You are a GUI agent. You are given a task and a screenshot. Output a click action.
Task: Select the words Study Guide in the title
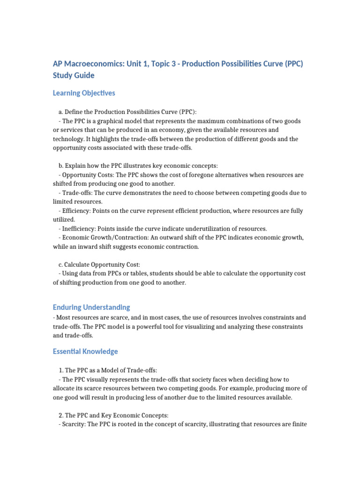74,75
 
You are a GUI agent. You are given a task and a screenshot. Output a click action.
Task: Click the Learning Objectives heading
84,93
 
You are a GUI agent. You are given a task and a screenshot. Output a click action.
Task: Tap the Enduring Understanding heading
91,307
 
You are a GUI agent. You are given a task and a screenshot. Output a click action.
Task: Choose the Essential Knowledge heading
85,351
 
